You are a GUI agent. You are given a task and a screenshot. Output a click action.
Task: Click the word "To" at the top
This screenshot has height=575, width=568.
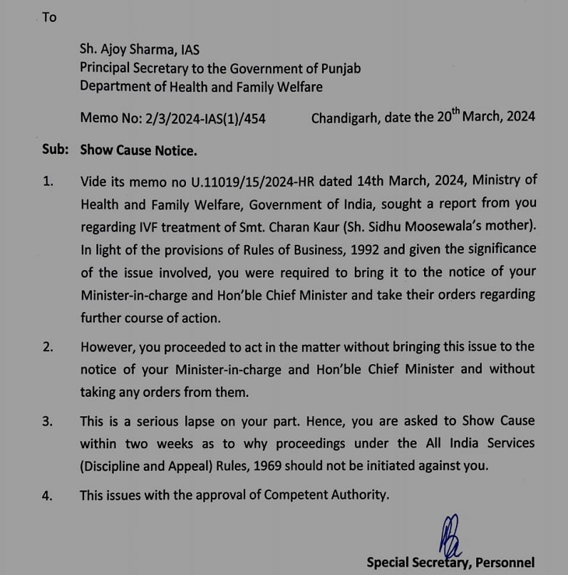tap(49, 16)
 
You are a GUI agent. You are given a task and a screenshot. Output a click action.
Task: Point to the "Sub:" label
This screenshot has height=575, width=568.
tap(55, 149)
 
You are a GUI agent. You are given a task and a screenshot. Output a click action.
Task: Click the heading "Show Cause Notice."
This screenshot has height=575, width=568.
tap(138, 149)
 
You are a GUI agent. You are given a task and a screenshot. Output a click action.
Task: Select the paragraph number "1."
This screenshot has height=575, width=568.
tap(48, 181)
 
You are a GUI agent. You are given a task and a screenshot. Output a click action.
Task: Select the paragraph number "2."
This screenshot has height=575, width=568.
tap(48, 347)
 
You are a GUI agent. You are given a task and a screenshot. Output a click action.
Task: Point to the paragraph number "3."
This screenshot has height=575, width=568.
tap(48, 421)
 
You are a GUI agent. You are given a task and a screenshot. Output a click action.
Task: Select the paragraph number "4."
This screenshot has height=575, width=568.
tap(48, 495)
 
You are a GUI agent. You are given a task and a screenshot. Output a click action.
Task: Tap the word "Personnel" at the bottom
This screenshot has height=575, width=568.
tap(504, 562)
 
